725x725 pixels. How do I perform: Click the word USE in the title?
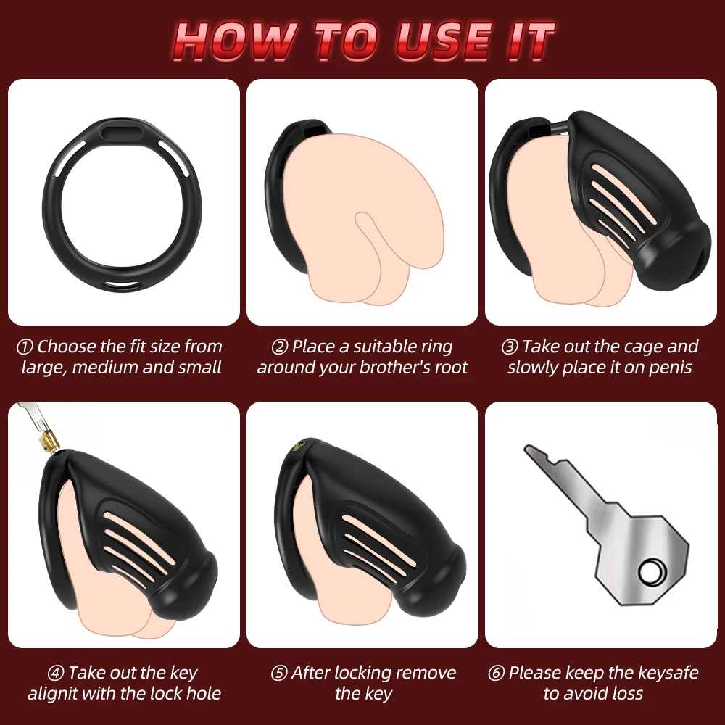(443, 41)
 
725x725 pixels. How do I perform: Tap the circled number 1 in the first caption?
(25, 347)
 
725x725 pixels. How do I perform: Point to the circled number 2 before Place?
(279, 347)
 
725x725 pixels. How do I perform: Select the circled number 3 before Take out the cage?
(510, 347)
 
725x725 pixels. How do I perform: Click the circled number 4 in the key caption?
(56, 674)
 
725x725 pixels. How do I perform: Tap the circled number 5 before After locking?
(279, 674)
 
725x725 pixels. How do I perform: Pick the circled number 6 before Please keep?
(496, 674)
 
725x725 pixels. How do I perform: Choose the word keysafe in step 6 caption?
(668, 674)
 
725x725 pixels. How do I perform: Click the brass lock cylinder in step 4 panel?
(48, 439)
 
